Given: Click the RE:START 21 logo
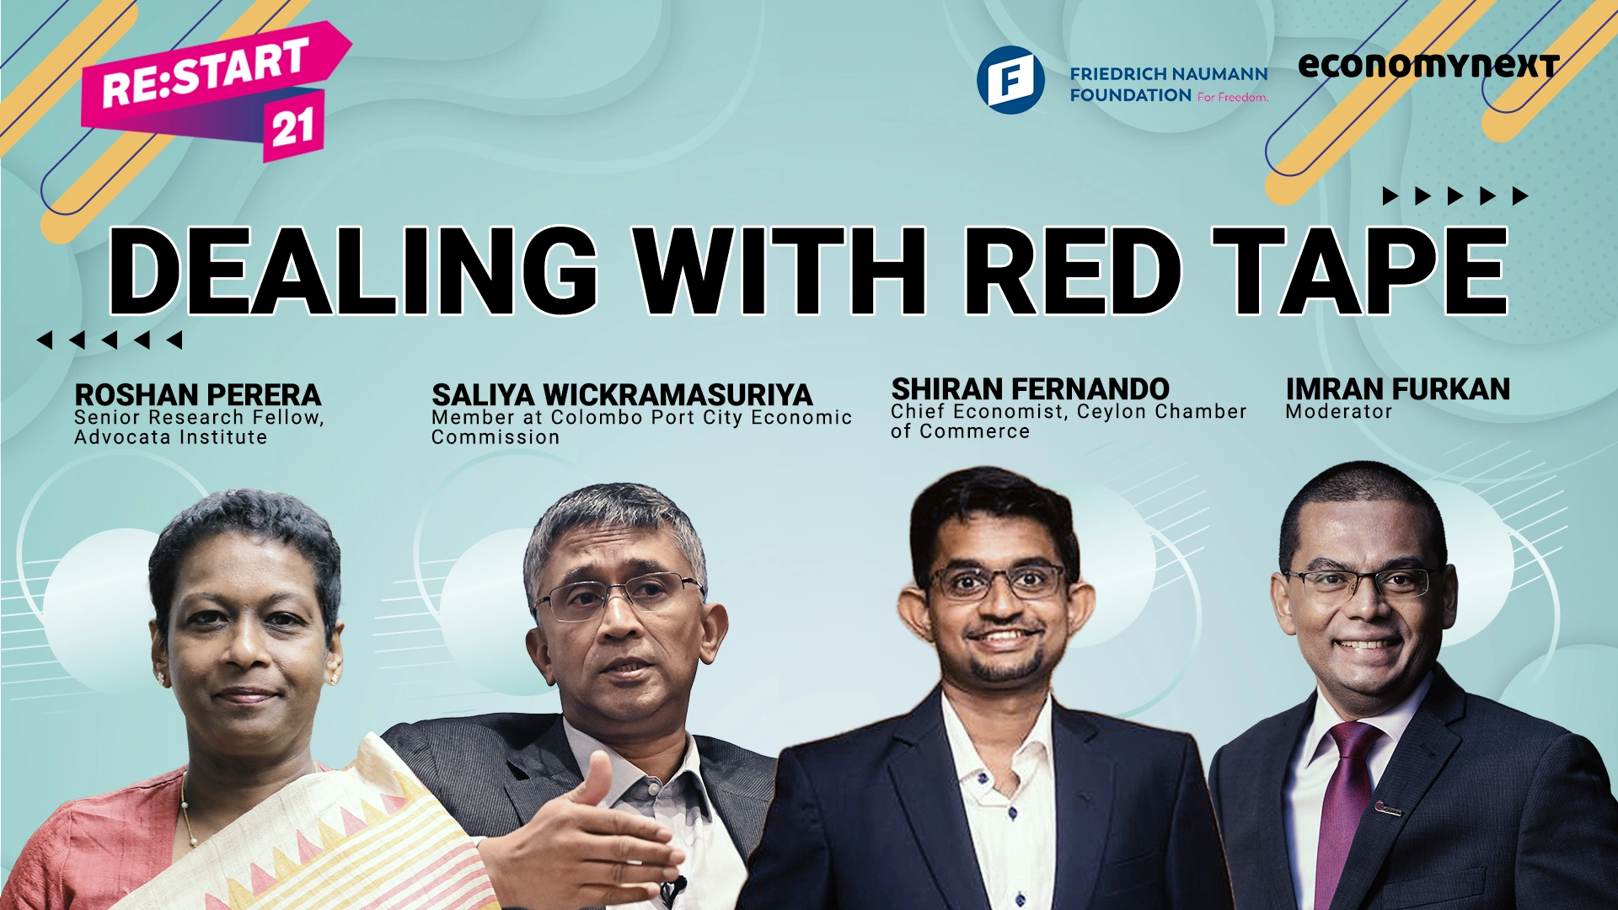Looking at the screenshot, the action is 216,91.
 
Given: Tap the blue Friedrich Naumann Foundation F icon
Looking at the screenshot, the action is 1010,80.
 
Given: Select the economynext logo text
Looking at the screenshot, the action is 1428,65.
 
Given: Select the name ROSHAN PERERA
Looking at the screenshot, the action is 198,394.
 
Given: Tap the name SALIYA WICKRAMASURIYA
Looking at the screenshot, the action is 622,394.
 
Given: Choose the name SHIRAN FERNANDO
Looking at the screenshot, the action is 1030,388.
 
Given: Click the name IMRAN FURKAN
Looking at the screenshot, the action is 1397,388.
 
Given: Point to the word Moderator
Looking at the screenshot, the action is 1338,412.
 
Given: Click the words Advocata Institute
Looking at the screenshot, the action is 170,437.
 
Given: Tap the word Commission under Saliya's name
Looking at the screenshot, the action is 496,437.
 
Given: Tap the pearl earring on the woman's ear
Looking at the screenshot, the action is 159,677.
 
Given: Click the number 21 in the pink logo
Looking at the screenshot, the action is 292,127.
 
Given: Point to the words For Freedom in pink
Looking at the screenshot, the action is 1233,97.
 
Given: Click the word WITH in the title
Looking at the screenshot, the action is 780,270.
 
